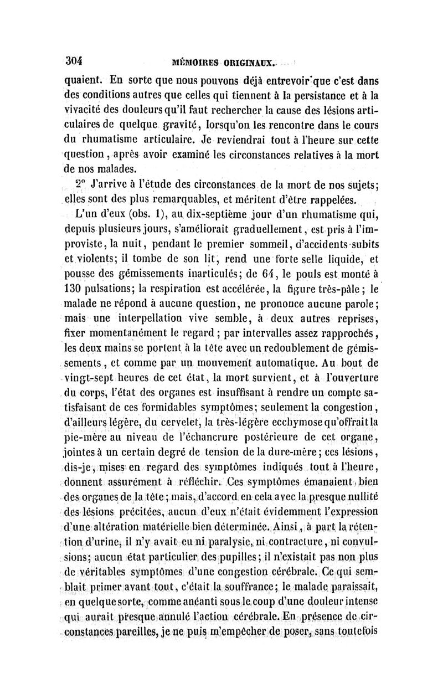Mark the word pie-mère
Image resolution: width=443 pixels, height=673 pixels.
click(x=86, y=440)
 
